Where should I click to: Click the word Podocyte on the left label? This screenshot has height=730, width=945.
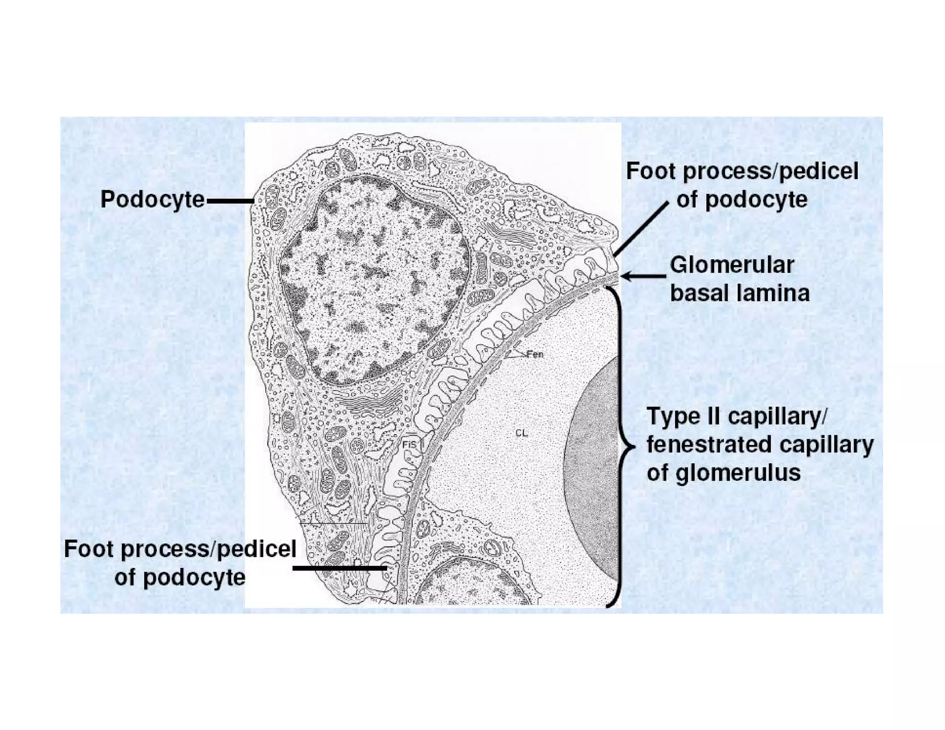(152, 200)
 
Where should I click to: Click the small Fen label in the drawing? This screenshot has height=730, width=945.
(535, 354)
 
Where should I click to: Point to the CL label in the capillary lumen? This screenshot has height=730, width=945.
(521, 433)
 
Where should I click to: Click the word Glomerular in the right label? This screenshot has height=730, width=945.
(732, 265)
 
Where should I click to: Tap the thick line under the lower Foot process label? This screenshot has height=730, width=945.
(340, 568)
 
